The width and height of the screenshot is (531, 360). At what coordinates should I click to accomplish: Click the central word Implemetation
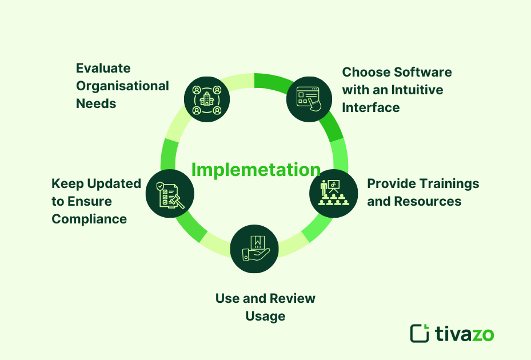click(x=255, y=170)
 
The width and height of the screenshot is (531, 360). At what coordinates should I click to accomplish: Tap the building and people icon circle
click(x=207, y=99)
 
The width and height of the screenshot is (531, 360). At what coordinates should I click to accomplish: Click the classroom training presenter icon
click(x=333, y=193)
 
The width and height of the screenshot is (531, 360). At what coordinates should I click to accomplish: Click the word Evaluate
click(x=103, y=69)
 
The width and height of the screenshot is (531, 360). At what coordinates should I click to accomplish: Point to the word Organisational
click(x=122, y=86)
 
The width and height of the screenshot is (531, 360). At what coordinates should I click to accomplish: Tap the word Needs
click(x=96, y=104)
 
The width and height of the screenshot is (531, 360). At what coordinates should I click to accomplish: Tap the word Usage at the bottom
click(x=265, y=316)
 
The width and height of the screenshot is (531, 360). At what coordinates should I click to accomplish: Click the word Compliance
click(x=89, y=219)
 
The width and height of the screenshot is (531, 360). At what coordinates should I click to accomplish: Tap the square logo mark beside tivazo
click(x=420, y=333)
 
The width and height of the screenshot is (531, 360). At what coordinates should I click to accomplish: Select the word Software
click(x=422, y=72)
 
